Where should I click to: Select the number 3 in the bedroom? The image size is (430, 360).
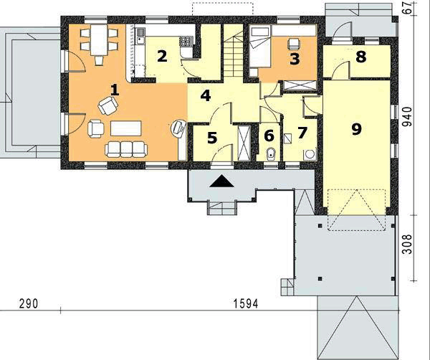click(x=294, y=59)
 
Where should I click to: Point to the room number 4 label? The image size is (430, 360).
click(x=206, y=95)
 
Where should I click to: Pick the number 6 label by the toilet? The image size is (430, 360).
click(x=269, y=135)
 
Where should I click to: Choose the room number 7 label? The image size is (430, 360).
click(x=302, y=133)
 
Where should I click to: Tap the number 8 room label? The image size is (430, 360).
click(x=360, y=57)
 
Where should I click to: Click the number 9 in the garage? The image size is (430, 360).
click(x=355, y=129)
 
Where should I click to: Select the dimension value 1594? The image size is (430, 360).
click(x=246, y=304)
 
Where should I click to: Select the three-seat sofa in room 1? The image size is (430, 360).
click(x=126, y=148)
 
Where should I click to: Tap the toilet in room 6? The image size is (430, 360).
click(x=271, y=153)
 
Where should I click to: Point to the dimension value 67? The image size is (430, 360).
click(x=409, y=9)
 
